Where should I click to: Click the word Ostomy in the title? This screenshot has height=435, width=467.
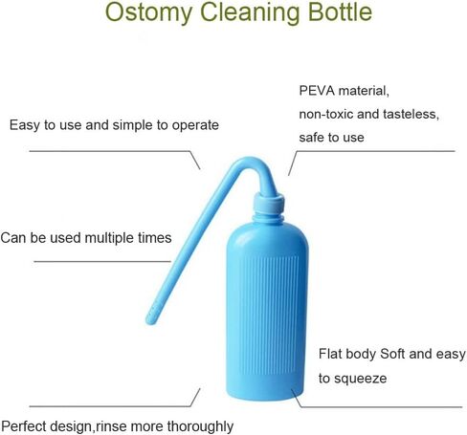coord(148,13)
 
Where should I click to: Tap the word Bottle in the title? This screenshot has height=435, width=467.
coord(341,12)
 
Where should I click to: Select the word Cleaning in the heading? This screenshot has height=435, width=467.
coord(250,13)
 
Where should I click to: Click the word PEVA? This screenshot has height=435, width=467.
coord(317,91)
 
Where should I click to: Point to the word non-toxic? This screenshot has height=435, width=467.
coord(326,114)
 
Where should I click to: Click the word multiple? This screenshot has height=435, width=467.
coord(109,238)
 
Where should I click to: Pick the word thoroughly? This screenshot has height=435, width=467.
coord(200,426)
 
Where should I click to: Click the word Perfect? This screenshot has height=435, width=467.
coord(24,426)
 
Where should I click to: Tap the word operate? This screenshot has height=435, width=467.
coord(195,125)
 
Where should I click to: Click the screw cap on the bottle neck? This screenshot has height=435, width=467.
coord(269,203)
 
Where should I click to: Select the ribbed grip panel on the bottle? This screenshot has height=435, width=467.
coord(269,315)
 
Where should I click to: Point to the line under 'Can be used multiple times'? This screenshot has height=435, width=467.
coord(102,262)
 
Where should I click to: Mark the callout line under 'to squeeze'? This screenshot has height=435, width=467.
coord(376,406)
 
